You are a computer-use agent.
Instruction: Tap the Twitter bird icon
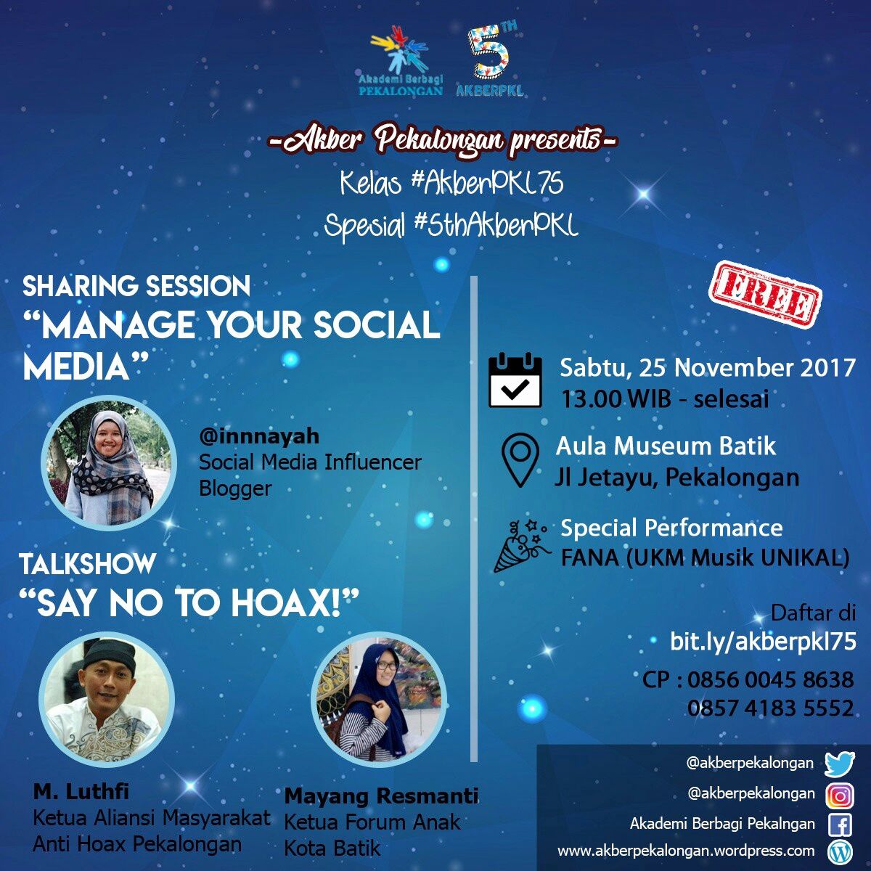click(840, 764)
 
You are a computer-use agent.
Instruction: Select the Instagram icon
click(840, 796)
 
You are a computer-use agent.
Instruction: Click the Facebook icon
click(840, 825)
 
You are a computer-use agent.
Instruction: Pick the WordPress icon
click(840, 851)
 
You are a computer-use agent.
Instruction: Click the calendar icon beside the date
click(515, 380)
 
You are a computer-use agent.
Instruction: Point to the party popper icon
click(520, 544)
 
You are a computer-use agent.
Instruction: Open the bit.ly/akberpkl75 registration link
click(762, 641)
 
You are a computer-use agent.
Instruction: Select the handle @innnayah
click(259, 436)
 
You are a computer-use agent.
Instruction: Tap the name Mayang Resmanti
click(381, 796)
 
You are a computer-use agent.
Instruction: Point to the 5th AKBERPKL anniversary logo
click(490, 62)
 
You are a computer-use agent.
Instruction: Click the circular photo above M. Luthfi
click(107, 699)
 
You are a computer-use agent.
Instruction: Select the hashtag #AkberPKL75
click(487, 184)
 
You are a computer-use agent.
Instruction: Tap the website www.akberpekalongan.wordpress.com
click(685, 851)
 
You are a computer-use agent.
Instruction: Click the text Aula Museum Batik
click(666, 446)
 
